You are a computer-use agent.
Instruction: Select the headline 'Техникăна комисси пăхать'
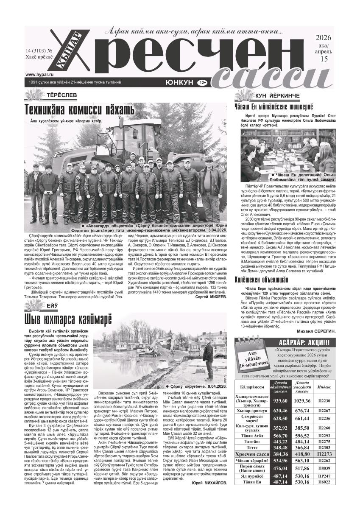click(80, 110)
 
